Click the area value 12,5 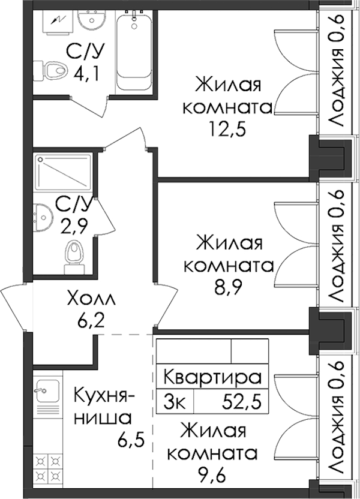227,128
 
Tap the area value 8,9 229,288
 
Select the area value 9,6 211,476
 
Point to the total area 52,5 242,401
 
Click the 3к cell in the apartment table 174,402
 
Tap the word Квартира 212,377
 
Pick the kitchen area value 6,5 131,440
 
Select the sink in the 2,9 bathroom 43,217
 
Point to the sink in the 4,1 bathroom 92,20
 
